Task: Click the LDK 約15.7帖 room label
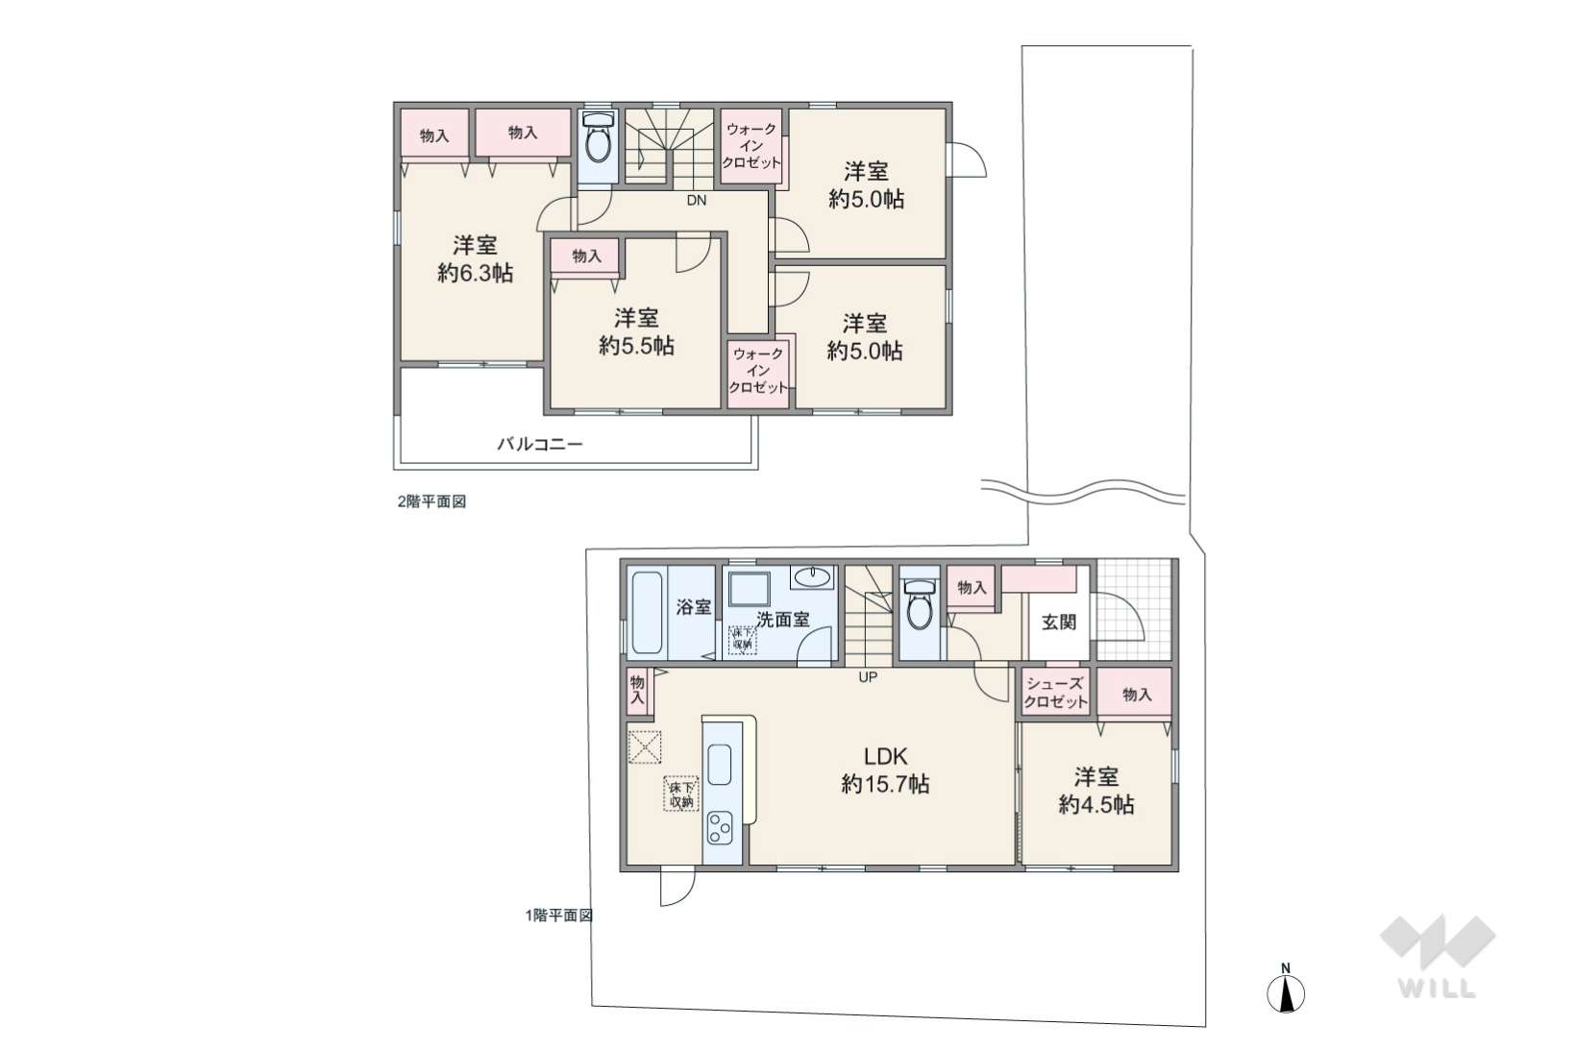coord(885,769)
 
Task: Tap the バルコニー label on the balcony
coord(540,444)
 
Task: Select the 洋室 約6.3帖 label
coord(476,258)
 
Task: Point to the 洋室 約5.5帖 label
coord(636,331)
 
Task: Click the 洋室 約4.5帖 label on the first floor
coord(1096,791)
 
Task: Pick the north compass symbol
coord(1286,989)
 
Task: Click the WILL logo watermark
coord(1438,957)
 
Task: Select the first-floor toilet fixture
coord(920,603)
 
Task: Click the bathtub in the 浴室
coord(648,613)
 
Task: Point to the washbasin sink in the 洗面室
coord(813,576)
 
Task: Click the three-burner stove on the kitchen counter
coord(721,827)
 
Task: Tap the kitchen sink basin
coord(720,765)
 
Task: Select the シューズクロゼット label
coord(1055,693)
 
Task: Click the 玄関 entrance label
coord(1059,622)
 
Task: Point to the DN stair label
coord(696,201)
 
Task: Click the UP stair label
coord(868,677)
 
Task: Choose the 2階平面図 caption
coord(431,501)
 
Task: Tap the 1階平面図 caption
coord(559,916)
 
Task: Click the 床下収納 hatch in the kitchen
coord(681,794)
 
